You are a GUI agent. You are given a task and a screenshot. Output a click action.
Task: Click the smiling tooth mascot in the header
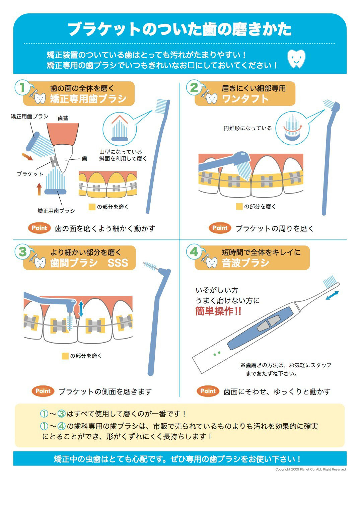tap(297, 59)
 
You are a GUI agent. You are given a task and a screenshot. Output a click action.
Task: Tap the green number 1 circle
tap(22, 88)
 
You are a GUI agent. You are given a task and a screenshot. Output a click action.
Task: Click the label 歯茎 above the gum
tap(63, 118)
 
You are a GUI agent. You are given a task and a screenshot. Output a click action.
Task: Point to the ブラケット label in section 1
tap(30, 174)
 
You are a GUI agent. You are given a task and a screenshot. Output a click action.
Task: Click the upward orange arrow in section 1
tap(39, 189)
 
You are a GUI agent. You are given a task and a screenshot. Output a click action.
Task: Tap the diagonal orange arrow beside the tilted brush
tap(27, 156)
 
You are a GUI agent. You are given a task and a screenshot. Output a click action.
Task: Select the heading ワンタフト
tap(245, 99)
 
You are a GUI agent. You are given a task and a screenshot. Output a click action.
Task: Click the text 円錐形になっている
tap(248, 128)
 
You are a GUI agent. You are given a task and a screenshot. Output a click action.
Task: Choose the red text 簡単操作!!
tap(218, 311)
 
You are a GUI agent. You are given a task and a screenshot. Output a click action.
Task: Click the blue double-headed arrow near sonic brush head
tap(332, 296)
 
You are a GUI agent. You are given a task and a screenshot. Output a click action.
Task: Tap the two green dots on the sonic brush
tap(217, 353)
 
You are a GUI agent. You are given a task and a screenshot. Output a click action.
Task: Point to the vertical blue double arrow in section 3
tap(81, 308)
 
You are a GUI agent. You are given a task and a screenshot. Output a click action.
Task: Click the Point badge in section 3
tap(43, 391)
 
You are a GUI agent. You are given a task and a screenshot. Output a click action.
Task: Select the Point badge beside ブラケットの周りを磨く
tap(220, 228)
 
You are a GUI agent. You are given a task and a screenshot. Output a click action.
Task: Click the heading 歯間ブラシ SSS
tap(89, 263)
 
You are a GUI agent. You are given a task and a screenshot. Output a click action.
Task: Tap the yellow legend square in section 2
tap(239, 207)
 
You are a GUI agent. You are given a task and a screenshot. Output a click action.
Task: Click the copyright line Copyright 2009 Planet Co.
tap(310, 469)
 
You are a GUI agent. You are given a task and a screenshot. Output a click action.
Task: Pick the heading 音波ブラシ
tap(245, 263)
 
